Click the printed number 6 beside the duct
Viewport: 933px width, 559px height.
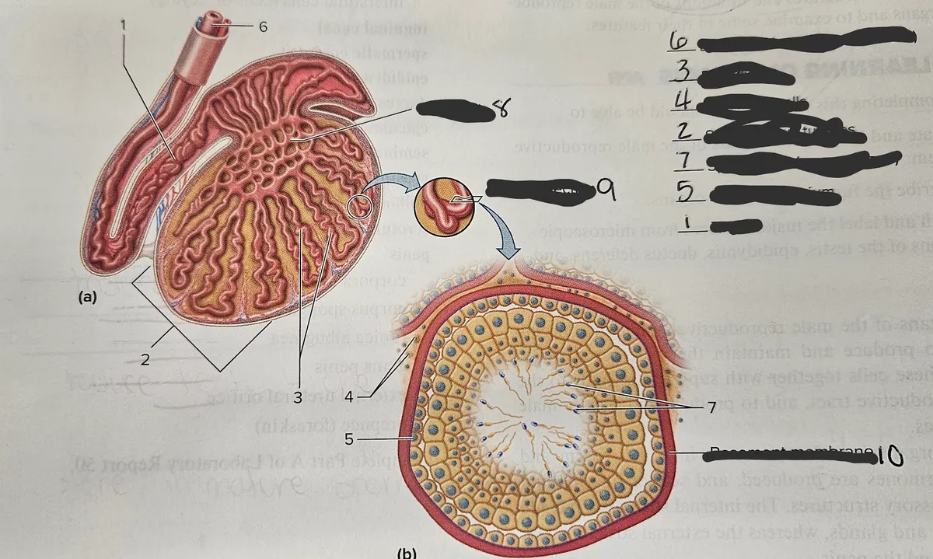(x=263, y=26)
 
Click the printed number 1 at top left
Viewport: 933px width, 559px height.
(x=123, y=23)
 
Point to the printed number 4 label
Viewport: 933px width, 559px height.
(x=349, y=397)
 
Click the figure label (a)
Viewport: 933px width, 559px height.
(x=86, y=296)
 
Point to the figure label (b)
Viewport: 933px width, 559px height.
(x=407, y=553)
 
